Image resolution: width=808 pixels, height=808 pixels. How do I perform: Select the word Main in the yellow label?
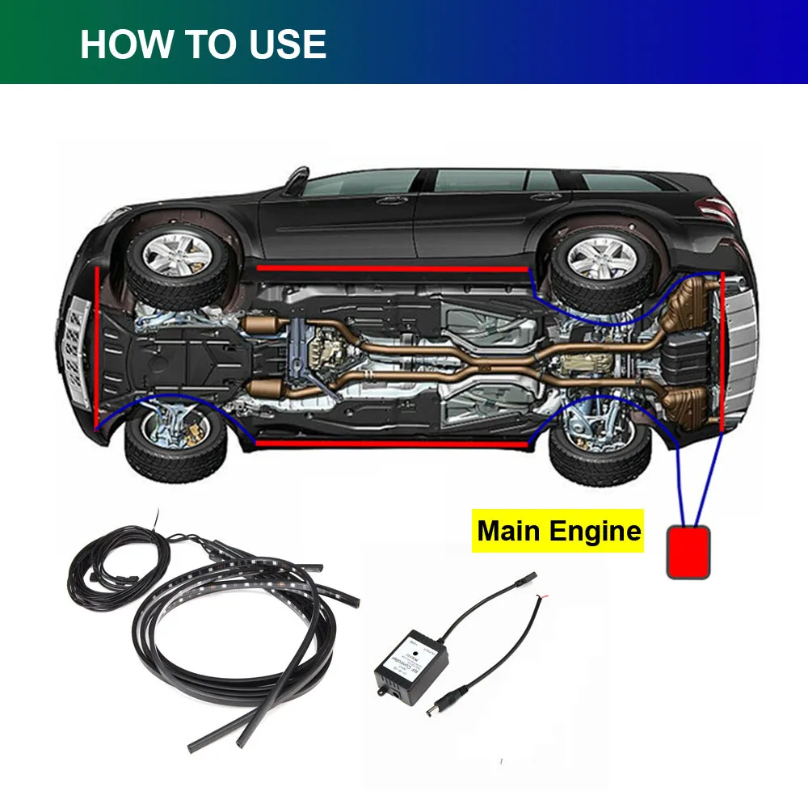tap(511, 531)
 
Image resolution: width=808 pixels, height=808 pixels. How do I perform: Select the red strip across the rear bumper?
tap(721, 351)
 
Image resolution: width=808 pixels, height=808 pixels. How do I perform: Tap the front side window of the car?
tap(360, 184)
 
